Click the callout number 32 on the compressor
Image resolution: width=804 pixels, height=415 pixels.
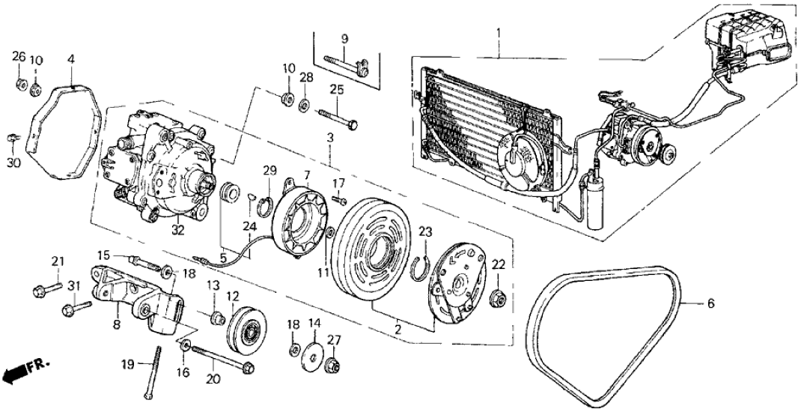pos(178,231)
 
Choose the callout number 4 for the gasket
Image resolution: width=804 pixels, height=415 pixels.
pos(70,57)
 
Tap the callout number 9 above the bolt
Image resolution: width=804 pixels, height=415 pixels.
pos(345,38)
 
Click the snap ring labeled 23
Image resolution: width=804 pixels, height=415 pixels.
pos(420,266)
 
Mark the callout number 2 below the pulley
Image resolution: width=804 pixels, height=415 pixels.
pos(398,329)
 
